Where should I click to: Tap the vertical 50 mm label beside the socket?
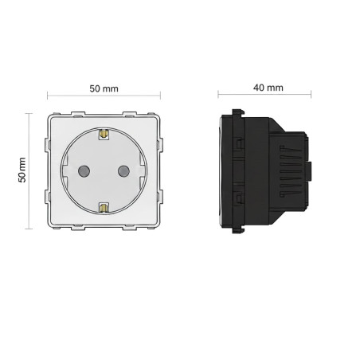click(22, 170)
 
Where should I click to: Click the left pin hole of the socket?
click(84, 171)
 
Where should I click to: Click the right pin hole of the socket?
click(123, 171)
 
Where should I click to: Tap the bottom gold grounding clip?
click(104, 208)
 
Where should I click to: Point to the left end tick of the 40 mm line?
click(219, 97)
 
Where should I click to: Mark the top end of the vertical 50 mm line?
click(29, 114)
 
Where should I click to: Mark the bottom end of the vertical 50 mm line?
click(29, 229)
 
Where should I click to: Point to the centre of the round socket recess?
click(104, 171)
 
